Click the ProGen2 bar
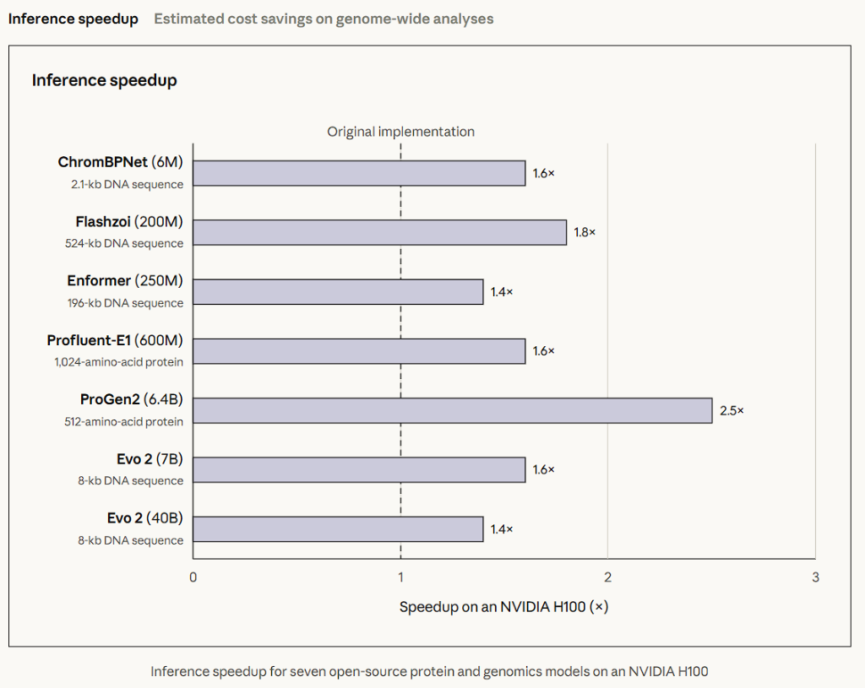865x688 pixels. pos(453,411)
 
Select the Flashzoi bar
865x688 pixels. pos(379,233)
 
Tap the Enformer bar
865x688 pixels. pos(338,291)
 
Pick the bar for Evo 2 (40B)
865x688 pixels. pos(338,529)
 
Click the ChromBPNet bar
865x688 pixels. pos(359,173)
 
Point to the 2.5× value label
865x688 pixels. pos(732,411)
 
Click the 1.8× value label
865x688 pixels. pos(585,233)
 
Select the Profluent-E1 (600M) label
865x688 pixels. pos(115,340)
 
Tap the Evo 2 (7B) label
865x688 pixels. pos(150,458)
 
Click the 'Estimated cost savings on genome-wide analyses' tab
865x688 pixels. pos(324,19)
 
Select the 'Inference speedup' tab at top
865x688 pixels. pos(73,19)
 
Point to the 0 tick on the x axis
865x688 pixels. pos(193,577)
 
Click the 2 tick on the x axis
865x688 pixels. pos(608,577)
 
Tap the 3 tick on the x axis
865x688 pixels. pos(815,577)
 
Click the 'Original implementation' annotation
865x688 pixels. pos(400,132)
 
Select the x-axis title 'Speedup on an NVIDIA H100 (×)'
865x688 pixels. pos(503,607)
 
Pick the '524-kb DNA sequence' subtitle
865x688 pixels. pos(124,244)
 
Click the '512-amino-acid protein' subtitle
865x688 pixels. pos(123,422)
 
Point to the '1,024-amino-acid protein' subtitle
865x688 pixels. pos(118,362)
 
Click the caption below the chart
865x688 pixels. pos(429,671)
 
